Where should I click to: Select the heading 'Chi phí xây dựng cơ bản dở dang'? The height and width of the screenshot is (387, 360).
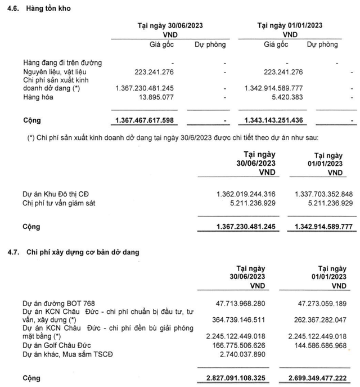tap(83, 252)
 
